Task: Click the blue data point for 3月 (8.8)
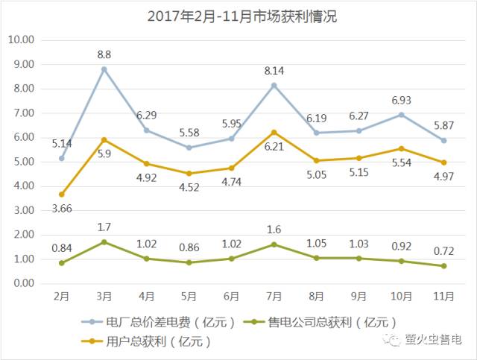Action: coord(104,69)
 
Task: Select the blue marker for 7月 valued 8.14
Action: coord(274,85)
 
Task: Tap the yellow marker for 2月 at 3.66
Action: coord(62,195)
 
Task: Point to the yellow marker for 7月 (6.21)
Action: coord(274,133)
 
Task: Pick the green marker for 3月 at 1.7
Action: coord(104,242)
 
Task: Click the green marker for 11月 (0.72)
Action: coord(444,266)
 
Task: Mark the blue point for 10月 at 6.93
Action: coord(402,115)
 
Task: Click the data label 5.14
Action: coord(63,142)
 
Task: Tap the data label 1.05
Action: coord(317,244)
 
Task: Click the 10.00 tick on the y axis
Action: coord(25,40)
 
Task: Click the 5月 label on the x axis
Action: coord(189,296)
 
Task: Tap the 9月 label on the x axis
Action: coord(359,296)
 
